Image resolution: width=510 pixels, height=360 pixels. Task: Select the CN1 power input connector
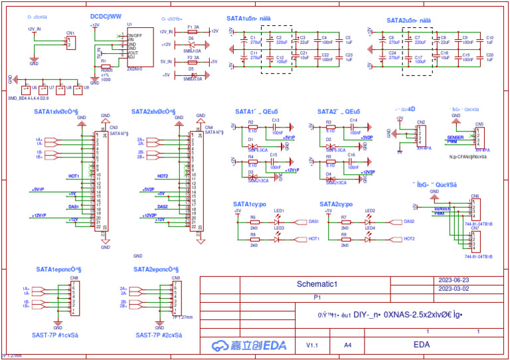tap(70, 43)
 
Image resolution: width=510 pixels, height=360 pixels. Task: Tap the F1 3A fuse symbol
tap(193, 31)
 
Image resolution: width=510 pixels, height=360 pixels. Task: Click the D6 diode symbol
tap(193, 44)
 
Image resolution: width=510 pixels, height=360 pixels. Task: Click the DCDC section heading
tap(106, 15)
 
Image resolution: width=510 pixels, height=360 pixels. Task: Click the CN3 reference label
tap(114, 127)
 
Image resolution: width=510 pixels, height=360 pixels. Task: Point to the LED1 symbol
tap(279, 221)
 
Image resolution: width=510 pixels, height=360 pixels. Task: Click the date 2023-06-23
tap(454, 280)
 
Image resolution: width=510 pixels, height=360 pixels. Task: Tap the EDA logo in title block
tap(248, 345)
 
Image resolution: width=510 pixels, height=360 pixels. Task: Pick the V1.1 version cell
tap(312, 345)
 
